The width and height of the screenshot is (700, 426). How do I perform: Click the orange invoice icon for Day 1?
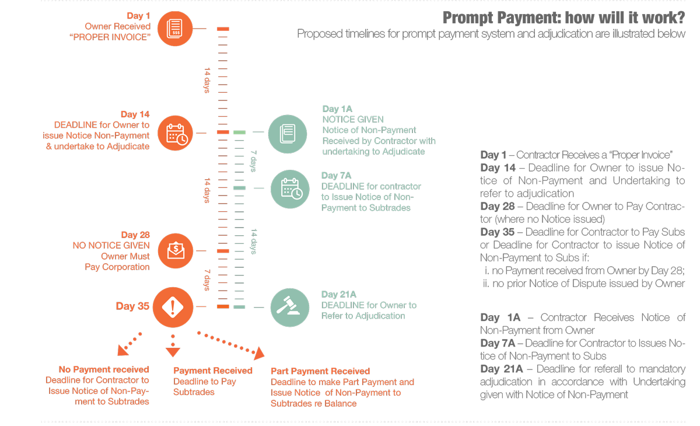tap(175, 28)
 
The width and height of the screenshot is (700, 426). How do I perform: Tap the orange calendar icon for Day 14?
tap(176, 134)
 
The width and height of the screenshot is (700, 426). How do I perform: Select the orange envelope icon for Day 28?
tap(176, 251)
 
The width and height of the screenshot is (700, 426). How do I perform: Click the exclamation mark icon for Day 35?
tap(173, 307)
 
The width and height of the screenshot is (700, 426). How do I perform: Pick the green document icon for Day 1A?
tap(288, 134)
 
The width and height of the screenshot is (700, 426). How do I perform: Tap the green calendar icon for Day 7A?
tap(290, 189)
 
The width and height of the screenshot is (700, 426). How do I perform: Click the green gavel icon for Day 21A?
tap(289, 307)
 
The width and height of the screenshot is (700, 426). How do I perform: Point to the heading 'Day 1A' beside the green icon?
tap(337, 109)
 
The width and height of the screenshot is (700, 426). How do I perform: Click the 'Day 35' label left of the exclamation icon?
tap(132, 306)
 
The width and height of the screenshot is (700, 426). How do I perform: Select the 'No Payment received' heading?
tap(104, 369)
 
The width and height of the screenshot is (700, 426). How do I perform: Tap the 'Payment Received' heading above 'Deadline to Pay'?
tap(212, 371)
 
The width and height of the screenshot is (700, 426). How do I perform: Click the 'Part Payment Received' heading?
tap(320, 371)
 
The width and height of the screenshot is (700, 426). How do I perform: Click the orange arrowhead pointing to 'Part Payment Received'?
tap(259, 353)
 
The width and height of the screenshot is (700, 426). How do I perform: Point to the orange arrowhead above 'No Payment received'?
tap(123, 350)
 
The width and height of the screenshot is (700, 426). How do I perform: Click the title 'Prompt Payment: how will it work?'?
tap(563, 18)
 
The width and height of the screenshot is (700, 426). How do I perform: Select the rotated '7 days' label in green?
tap(254, 161)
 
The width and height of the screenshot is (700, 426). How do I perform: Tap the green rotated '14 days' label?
tap(254, 241)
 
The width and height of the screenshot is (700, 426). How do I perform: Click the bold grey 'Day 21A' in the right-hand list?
tap(501, 369)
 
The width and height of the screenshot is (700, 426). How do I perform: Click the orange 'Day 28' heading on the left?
tap(135, 235)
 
